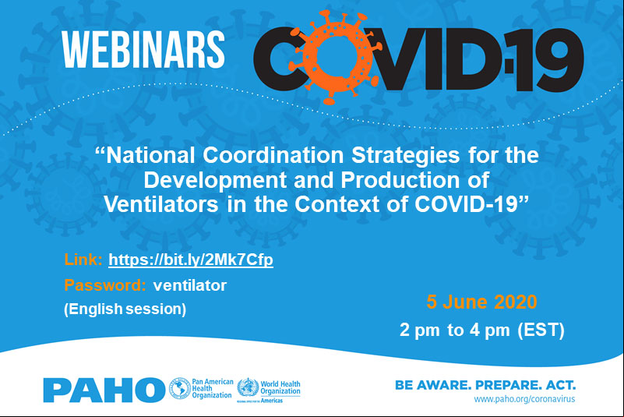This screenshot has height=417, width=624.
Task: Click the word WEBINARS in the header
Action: pyautogui.click(x=143, y=49)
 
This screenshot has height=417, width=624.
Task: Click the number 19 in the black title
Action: pyautogui.click(x=546, y=60)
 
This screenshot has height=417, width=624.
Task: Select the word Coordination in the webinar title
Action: pyautogui.click(x=273, y=155)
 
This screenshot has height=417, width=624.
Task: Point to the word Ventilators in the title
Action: pyautogui.click(x=161, y=205)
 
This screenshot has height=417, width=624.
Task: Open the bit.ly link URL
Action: pyautogui.click(x=191, y=260)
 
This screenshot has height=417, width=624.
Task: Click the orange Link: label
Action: pyautogui.click(x=83, y=260)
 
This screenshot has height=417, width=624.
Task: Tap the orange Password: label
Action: pyautogui.click(x=105, y=285)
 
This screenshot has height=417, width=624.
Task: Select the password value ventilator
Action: pyautogui.click(x=190, y=285)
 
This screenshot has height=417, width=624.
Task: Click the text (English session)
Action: pyautogui.click(x=125, y=309)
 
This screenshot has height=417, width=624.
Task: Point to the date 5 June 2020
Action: pyautogui.click(x=482, y=302)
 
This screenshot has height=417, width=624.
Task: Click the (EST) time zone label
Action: pyautogui.click(x=541, y=330)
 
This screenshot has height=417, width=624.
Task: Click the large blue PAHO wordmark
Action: pyautogui.click(x=104, y=390)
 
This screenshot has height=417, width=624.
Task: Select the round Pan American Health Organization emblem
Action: pyautogui.click(x=180, y=388)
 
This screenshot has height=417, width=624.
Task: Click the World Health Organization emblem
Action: pyautogui.click(x=248, y=387)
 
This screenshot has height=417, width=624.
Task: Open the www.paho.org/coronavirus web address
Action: pyautogui.click(x=524, y=399)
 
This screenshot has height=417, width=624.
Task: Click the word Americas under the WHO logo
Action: pyautogui.click(x=271, y=401)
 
